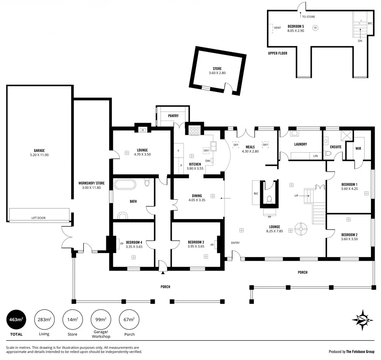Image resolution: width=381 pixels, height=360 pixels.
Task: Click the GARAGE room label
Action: click(x=39, y=150)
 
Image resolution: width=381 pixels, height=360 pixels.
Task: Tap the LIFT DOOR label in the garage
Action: click(x=38, y=218)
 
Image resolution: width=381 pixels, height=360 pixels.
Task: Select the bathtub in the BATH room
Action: click(x=125, y=185)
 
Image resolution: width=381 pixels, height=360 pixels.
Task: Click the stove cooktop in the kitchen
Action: click(x=194, y=131)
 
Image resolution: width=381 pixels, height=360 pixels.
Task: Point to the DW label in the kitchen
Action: click(x=208, y=161)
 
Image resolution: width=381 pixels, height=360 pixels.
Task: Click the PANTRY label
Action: click(x=173, y=116)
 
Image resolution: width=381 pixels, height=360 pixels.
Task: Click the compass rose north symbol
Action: click(x=362, y=320)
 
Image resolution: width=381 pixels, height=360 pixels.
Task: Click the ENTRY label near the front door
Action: click(x=235, y=243)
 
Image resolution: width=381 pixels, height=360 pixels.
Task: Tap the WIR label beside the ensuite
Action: click(x=358, y=148)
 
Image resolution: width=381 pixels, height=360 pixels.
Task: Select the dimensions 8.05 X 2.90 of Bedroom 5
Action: click(x=296, y=31)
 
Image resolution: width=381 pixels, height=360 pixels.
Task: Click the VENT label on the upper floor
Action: click(x=277, y=28)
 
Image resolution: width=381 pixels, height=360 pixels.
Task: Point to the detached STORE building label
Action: click(x=217, y=69)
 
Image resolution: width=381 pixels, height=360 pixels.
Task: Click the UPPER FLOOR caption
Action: click(x=278, y=53)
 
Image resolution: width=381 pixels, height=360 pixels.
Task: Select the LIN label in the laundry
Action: click(x=316, y=156)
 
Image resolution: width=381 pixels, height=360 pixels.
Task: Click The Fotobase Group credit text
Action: click(x=360, y=351)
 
